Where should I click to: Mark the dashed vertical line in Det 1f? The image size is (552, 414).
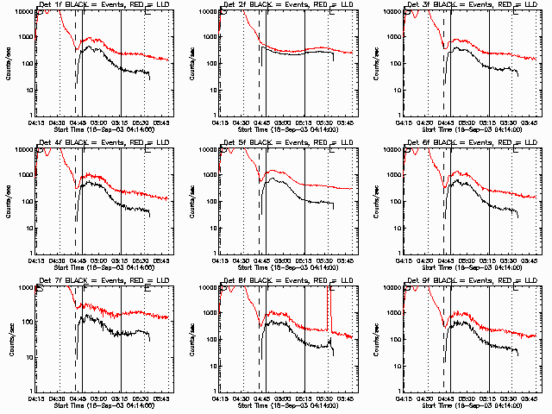point(76,69)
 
